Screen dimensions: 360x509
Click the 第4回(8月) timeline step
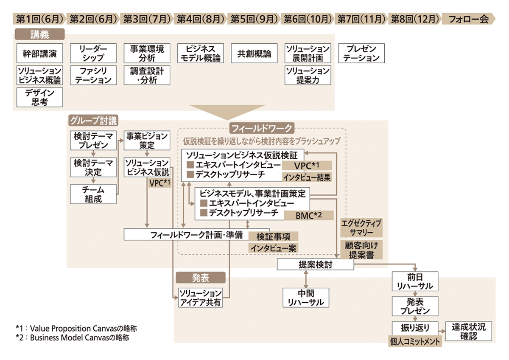coord(199,19)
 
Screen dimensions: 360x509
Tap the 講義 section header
coord(39,34)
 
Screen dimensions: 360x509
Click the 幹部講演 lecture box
coord(40,54)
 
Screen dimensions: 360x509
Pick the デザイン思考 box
coord(40,97)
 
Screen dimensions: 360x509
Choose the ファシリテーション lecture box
coord(93,75)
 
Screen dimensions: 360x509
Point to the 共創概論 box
coord(254,54)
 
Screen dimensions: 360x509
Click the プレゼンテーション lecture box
coord(361,54)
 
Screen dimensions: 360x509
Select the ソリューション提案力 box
coord(308,75)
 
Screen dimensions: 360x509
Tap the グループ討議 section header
coord(93,121)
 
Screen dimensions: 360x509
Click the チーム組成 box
coord(93,194)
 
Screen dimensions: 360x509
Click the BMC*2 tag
coord(308,215)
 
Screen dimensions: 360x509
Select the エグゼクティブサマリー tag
coord(361,228)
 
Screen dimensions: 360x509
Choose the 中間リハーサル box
coord(305,297)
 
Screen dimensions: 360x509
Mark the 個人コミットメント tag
coord(416,341)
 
